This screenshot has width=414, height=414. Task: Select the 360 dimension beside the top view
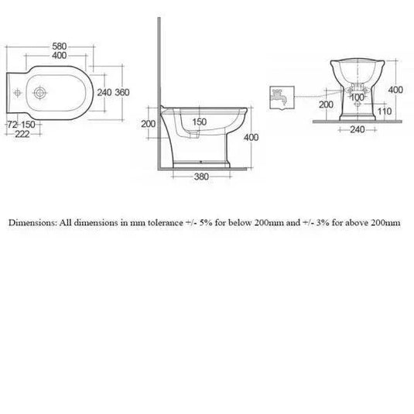pyautogui.click(x=121, y=92)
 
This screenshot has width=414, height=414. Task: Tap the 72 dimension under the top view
pyautogui.click(x=12, y=125)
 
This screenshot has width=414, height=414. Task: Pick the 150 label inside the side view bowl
pyautogui.click(x=200, y=122)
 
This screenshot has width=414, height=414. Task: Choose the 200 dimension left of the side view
pyautogui.click(x=149, y=124)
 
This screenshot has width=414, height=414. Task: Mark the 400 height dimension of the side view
pyautogui.click(x=250, y=137)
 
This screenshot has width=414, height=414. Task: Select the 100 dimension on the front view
pyautogui.click(x=357, y=98)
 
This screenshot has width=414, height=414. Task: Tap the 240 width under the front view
pyautogui.click(x=356, y=131)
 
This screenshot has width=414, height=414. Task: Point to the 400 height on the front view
pyautogui.click(x=395, y=90)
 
